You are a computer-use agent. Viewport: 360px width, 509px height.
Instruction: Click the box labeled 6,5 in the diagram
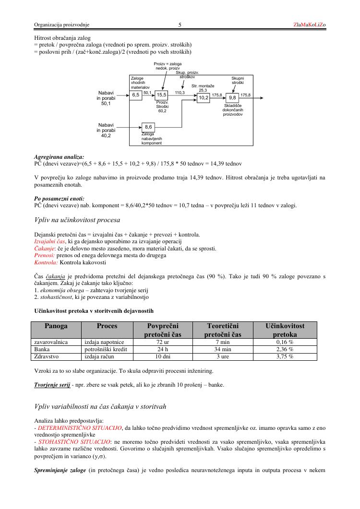pyautogui.click(x=136, y=95)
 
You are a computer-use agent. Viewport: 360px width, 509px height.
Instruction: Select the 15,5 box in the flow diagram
pyautogui.click(x=161, y=95)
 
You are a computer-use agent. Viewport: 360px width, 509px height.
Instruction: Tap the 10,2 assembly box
pyautogui.click(x=204, y=98)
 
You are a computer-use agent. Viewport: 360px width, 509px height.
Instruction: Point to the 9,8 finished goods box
pyautogui.click(x=232, y=98)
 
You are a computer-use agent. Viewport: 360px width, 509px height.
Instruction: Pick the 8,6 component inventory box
pyautogui.click(x=148, y=127)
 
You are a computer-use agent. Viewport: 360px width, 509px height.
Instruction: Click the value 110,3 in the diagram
pyautogui.click(x=180, y=92)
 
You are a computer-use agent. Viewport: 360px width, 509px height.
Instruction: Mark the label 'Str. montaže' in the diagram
pyautogui.click(x=203, y=85)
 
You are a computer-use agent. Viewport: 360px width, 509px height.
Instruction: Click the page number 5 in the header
pyautogui.click(x=180, y=24)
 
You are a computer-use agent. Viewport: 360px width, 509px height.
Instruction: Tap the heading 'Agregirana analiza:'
pyautogui.click(x=59, y=156)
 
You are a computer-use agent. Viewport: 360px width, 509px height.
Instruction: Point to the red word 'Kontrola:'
pyautogui.click(x=46, y=262)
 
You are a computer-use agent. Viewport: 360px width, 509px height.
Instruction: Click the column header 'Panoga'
pyautogui.click(x=56, y=326)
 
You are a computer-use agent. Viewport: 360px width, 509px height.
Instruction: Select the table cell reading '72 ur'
pyautogui.click(x=163, y=342)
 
